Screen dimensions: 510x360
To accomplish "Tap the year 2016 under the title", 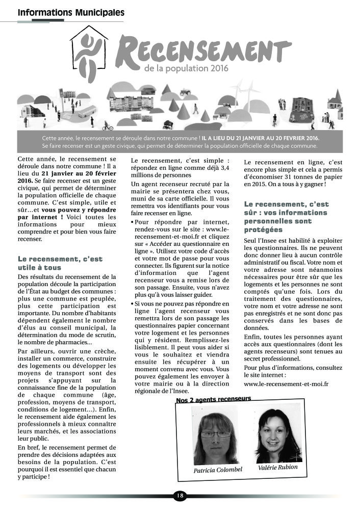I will tap(219, 68).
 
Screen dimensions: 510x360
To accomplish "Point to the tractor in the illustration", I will tap(184, 92).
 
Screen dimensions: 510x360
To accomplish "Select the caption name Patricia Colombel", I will tap(218, 470).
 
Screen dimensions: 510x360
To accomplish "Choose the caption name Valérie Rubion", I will tap(277, 467).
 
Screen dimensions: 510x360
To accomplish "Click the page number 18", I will tap(180, 495).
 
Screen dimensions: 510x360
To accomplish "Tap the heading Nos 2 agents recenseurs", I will tap(213, 399).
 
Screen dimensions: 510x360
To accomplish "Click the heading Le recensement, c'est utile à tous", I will tap(60, 263).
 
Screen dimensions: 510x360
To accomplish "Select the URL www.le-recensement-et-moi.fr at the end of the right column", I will tap(286, 383).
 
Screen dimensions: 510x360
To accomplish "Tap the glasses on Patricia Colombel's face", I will tap(215, 435).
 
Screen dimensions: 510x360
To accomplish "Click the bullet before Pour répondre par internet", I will tap(133, 222).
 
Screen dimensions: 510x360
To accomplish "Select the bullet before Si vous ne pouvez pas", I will tap(133, 304).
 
